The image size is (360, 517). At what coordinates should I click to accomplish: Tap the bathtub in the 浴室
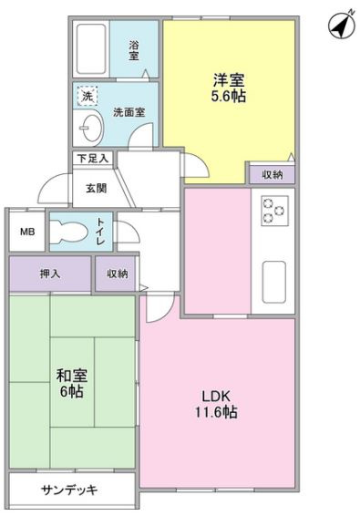[91, 49]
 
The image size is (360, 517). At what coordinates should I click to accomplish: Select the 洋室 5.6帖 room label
[229, 88]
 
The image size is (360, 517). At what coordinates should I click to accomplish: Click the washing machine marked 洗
[87, 96]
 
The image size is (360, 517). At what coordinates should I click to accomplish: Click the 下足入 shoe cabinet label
[93, 159]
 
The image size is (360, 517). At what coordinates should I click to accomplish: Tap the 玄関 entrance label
[97, 188]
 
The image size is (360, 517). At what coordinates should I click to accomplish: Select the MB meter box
[27, 232]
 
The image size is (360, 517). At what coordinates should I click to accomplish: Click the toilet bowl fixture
[69, 231]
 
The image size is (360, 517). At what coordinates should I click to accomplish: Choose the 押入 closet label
[50, 274]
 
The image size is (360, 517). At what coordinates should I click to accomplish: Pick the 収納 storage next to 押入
[116, 274]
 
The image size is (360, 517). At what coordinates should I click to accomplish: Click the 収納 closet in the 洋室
[272, 174]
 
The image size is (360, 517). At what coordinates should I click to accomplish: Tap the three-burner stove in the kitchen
[274, 211]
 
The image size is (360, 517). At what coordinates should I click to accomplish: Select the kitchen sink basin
[274, 282]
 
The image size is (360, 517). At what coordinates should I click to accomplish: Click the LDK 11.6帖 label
[216, 404]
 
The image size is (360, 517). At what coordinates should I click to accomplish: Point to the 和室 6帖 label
[71, 384]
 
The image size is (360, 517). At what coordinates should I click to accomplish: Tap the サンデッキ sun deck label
[69, 490]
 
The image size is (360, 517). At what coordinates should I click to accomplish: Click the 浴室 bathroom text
[133, 50]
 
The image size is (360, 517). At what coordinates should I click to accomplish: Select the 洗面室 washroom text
[129, 112]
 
